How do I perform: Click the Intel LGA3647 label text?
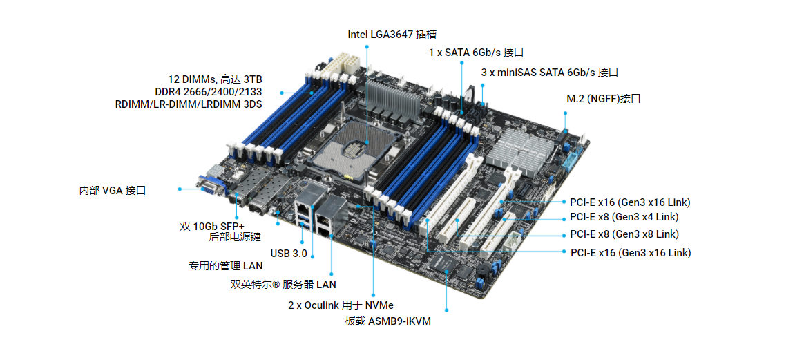tap(392, 35)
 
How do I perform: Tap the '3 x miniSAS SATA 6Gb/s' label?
tap(550, 73)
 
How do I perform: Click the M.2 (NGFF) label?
tap(604, 99)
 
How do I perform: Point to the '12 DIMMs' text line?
tap(216, 79)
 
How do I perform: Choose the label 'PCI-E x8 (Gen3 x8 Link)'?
tap(624, 234)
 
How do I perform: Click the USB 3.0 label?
tap(289, 254)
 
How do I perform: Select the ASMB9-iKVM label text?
tap(388, 322)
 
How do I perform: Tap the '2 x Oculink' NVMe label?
tap(341, 305)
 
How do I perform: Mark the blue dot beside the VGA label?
tap(180, 189)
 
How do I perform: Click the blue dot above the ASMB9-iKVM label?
tap(447, 310)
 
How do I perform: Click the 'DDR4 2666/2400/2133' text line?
tap(208, 93)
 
